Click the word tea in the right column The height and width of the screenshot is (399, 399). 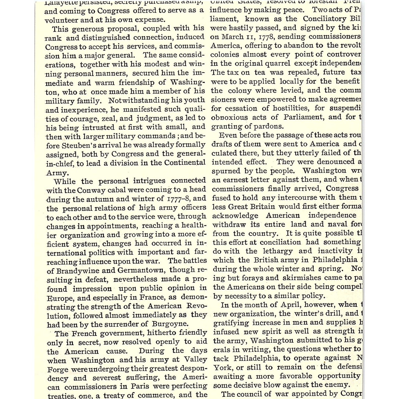click(x=259, y=72)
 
